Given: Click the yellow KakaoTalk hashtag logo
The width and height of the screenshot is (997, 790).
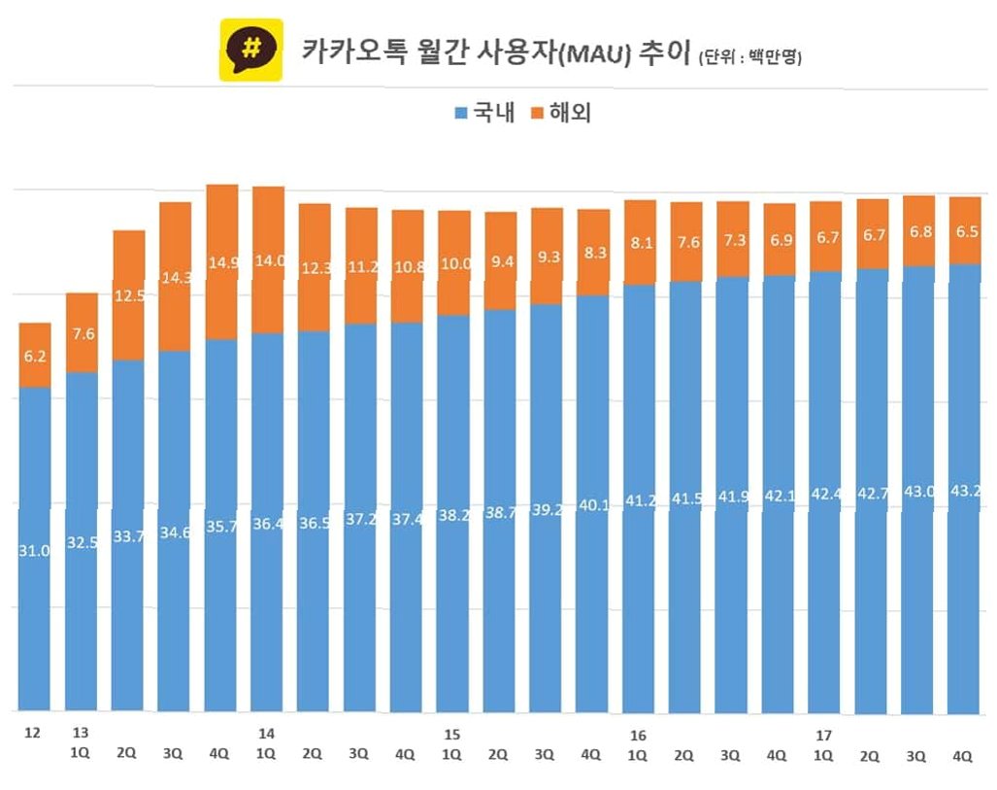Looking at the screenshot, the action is point(251,50).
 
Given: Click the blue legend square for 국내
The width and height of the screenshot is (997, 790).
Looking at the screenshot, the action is point(461,114).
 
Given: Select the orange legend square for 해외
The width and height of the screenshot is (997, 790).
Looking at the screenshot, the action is point(537,114).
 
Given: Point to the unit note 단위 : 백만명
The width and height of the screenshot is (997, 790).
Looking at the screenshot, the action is point(750,57).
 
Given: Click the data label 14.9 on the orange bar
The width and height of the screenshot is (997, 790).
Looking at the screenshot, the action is point(223,262).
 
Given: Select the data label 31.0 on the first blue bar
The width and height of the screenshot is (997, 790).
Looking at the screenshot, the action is point(34,551).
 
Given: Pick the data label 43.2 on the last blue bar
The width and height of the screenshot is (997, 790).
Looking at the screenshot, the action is point(965,491).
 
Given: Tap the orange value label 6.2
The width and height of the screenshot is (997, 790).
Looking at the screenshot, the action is point(35,356).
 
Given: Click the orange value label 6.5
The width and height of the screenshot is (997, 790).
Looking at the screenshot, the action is point(967,231).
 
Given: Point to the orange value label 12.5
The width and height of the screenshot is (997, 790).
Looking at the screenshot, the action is point(129,296).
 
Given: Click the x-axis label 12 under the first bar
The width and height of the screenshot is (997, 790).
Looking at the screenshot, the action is point(32,733).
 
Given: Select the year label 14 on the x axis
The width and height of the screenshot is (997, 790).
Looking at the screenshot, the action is point(266,734).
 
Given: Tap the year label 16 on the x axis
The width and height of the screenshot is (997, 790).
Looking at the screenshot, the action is point(638,736).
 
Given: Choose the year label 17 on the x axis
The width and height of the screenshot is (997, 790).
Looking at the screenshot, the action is point(823,736).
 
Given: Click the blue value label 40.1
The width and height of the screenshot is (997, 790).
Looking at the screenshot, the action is point(594,505).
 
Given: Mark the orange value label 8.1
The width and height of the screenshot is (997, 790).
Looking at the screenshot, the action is point(642,243).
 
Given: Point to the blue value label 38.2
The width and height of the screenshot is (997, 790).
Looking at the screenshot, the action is point(454,515).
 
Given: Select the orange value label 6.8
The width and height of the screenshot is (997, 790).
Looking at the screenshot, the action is point(920,231).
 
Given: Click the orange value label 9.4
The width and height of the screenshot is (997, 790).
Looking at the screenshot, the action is point(502,261).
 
